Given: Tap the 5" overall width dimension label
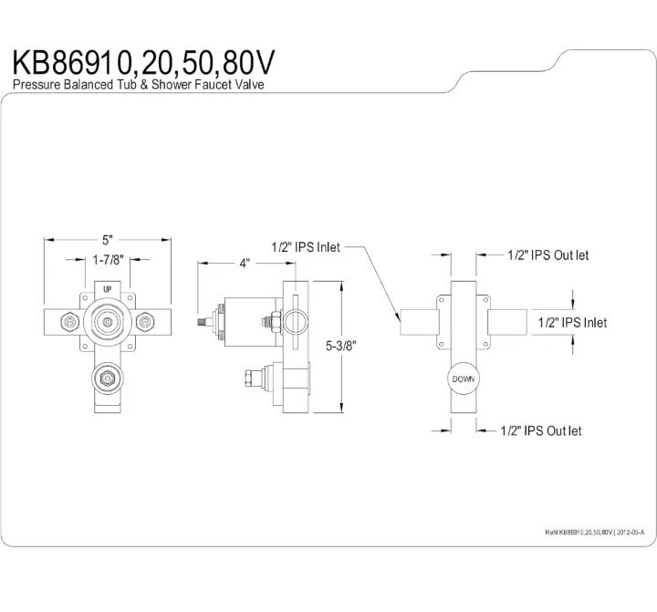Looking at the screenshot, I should point(108,240).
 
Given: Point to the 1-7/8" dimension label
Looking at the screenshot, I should point(109,260).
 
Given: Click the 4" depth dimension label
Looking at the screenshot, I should point(245,264).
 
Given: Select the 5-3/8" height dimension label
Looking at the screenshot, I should point(339,345).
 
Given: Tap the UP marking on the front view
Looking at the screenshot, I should point(108,289).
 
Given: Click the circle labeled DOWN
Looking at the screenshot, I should point(463,379).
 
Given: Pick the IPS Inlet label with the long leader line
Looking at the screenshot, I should point(306,246).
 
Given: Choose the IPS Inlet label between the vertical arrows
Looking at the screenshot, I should point(572,322).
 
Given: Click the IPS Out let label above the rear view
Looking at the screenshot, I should point(547,255).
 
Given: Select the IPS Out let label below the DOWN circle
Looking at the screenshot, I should point(541,430).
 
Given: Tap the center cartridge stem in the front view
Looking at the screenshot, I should point(108,321).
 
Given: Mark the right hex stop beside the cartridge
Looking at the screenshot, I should point(145,322).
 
